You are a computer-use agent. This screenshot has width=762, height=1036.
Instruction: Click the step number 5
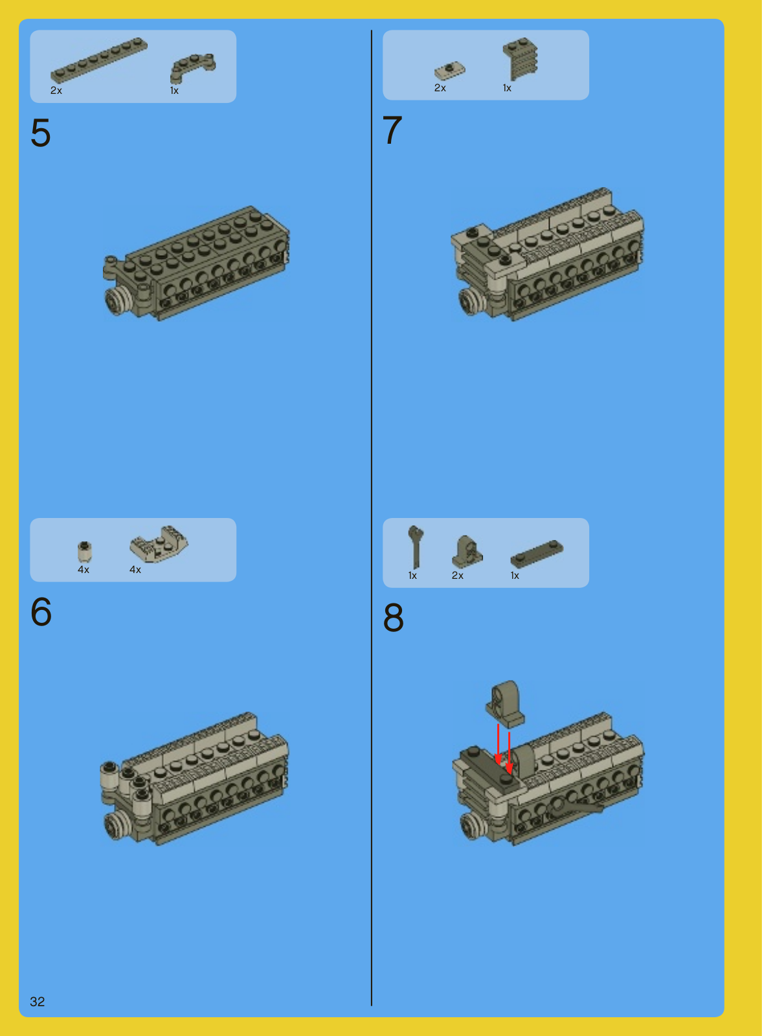[41, 133]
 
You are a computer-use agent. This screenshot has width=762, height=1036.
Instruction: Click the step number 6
[41, 611]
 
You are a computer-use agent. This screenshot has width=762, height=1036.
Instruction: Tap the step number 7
[392, 129]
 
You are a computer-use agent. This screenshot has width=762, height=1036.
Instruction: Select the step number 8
[394, 618]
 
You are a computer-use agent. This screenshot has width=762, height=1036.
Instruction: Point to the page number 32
[38, 1001]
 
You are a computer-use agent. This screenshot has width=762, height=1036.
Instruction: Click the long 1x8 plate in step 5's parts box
[99, 60]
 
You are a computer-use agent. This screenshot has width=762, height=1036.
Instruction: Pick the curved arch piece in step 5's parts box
[193, 68]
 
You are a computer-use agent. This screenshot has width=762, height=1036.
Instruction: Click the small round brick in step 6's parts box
[84, 551]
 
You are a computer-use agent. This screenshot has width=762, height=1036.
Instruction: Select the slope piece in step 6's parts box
[159, 544]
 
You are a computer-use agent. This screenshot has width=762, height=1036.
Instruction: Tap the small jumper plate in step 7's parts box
[449, 71]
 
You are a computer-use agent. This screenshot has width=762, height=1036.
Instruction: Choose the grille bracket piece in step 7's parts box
[521, 58]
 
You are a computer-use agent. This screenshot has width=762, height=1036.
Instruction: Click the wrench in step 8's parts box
[416, 546]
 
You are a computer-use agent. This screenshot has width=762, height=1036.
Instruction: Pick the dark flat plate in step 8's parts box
[537, 554]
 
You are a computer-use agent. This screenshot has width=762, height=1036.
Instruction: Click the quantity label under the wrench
[412, 576]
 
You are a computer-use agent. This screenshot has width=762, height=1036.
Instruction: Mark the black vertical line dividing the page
[372, 518]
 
